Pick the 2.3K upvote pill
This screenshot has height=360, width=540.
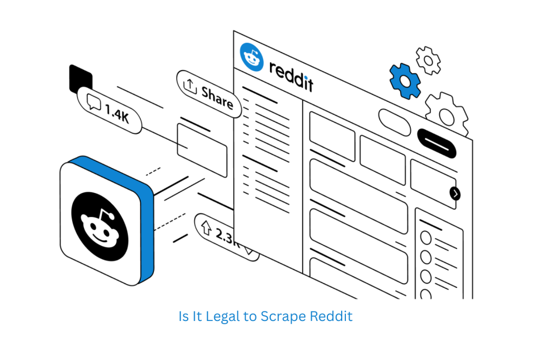tap(224, 235)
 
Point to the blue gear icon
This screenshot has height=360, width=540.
tap(404, 81)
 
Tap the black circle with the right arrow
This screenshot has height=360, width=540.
tap(455, 193)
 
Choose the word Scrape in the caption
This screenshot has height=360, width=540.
tap(284, 316)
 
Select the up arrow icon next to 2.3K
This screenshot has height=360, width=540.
tap(205, 227)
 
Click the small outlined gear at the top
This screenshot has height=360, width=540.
tap(428, 59)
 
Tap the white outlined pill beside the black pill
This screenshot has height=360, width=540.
tap(394, 122)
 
